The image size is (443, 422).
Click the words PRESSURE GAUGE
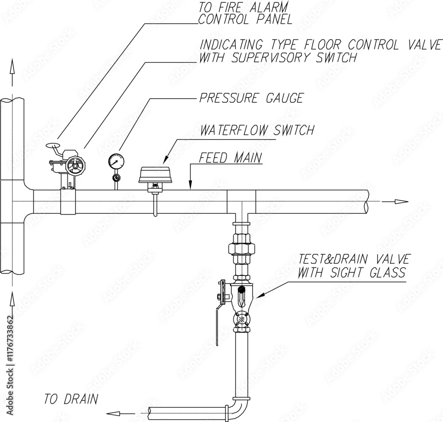pyautogui.click(x=251, y=98)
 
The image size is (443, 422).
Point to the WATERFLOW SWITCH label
pyautogui.click(x=257, y=130)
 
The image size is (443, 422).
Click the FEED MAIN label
pyautogui.click(x=230, y=158)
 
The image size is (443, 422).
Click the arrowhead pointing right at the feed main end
pyautogui.click(x=401, y=201)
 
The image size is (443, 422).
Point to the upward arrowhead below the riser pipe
pyautogui.click(x=12, y=299)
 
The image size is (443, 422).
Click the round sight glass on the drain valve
pyautogui.click(x=241, y=319)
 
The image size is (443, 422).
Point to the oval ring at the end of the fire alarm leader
pyautogui.click(x=53, y=146)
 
